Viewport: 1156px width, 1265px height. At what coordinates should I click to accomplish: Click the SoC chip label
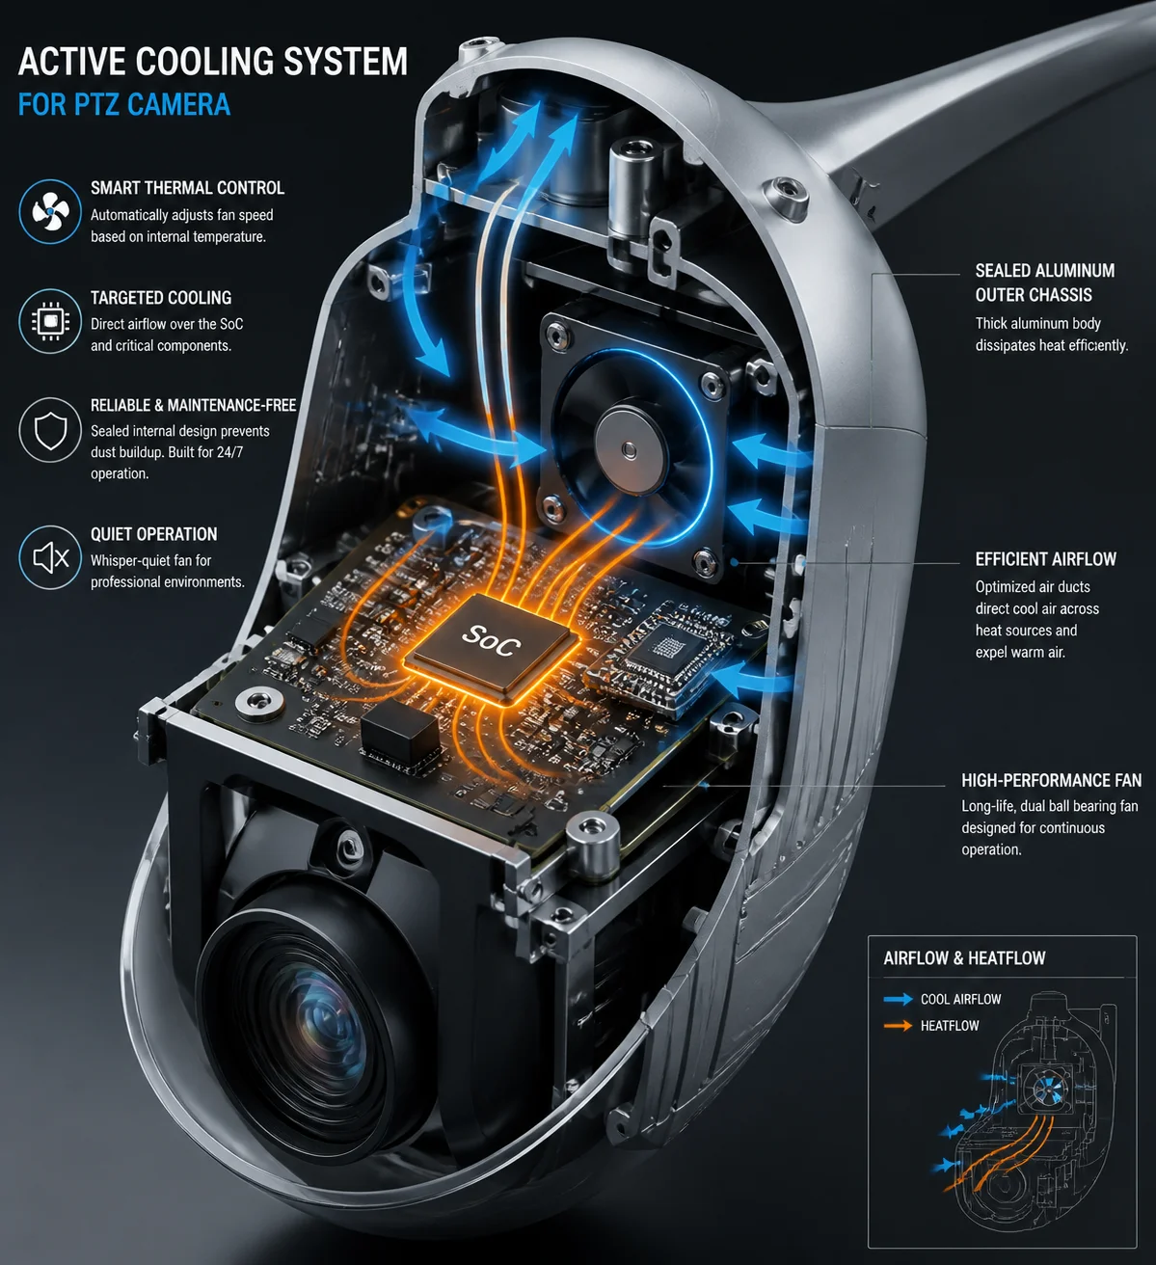pos(492,641)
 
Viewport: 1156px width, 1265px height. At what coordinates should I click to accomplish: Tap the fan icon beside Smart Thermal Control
pos(50,211)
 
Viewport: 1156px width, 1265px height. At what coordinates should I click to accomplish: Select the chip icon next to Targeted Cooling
pos(50,321)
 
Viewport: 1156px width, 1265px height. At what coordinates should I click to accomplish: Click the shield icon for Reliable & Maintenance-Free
pos(50,430)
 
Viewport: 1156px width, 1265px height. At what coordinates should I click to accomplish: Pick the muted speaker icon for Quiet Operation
pos(50,557)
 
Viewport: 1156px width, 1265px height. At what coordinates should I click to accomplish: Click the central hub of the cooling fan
pos(629,449)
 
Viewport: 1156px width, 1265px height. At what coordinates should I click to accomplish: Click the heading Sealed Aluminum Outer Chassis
pos(1045,283)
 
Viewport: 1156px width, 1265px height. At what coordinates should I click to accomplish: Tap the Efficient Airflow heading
pos(1046,558)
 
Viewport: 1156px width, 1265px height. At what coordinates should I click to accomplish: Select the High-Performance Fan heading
pos(1051,780)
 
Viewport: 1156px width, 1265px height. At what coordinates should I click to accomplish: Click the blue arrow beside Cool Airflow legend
pos(898,999)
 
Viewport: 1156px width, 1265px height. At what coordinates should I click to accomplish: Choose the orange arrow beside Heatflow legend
pos(898,1026)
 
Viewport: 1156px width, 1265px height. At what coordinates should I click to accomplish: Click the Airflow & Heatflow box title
pos(964,958)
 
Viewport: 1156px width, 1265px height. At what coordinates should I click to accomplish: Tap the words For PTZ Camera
pos(124,105)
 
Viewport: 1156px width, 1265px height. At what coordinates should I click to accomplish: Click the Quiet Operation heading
pos(154,534)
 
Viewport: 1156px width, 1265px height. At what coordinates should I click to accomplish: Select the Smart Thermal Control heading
pos(187,188)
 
